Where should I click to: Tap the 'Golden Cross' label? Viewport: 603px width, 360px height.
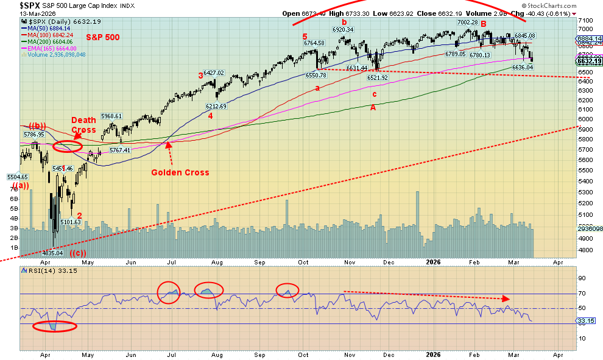point(180,172)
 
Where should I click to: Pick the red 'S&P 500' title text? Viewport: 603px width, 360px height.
point(102,37)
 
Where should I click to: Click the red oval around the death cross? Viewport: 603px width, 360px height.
point(68,147)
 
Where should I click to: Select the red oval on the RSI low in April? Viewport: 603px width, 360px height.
point(55,326)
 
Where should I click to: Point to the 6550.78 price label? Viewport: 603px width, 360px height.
point(317,75)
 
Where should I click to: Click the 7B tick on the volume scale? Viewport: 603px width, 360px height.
point(13,189)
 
